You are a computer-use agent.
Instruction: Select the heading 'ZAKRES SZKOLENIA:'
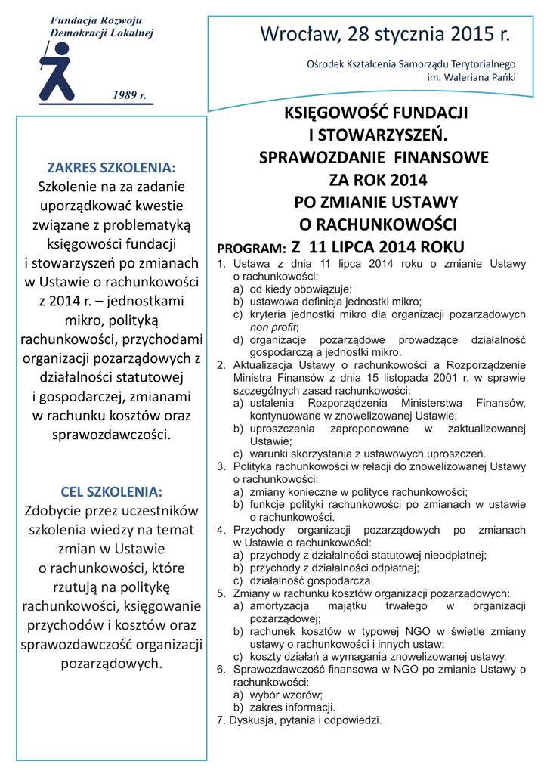111,167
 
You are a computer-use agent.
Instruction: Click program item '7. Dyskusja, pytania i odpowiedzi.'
299,720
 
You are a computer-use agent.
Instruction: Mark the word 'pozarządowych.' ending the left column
112,664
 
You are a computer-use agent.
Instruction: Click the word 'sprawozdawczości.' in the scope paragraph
111,435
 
